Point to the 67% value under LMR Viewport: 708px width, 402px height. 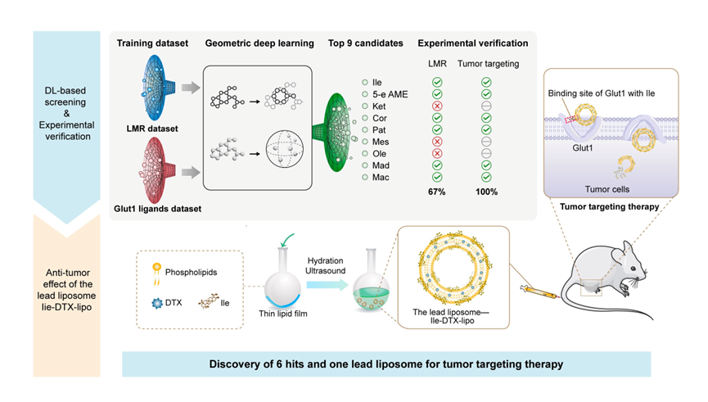[435, 192]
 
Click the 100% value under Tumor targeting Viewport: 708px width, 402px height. [486, 192]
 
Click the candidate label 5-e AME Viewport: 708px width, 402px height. [389, 94]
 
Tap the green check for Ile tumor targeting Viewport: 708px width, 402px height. [486, 82]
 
